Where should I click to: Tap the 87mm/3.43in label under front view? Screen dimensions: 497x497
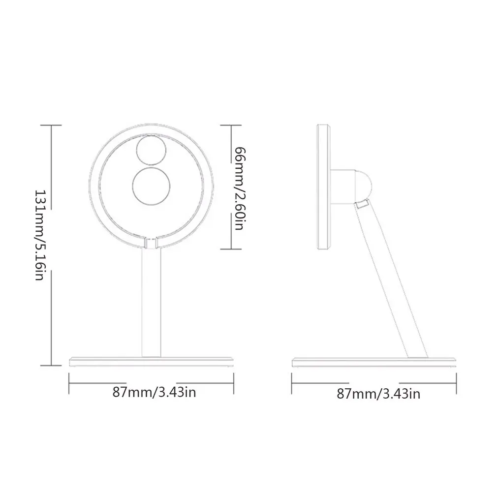click(151, 392)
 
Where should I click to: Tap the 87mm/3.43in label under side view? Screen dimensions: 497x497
click(378, 393)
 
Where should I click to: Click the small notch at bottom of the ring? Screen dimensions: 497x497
click(151, 242)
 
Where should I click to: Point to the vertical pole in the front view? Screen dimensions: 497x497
click(151, 303)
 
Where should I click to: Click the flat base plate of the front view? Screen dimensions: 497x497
click(151, 361)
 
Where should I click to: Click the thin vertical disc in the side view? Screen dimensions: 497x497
click(323, 187)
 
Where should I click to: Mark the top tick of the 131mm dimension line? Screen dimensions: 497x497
click(51, 125)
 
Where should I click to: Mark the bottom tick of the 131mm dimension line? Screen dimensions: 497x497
click(51, 365)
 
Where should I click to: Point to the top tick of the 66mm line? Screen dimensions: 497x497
click(231, 125)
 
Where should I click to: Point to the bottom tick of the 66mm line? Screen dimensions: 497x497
click(231, 248)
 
